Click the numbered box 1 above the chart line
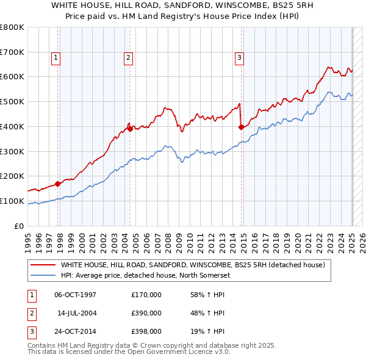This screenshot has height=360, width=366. point(56,58)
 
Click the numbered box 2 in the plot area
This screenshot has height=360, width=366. point(129,58)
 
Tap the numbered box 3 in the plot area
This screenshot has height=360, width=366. point(239,58)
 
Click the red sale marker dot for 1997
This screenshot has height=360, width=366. point(58,183)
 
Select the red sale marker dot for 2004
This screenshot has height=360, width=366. point(130,128)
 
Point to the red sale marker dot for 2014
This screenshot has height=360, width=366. point(242,127)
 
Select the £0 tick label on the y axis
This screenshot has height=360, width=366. point(20,226)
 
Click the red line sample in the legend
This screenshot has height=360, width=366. point(43,265)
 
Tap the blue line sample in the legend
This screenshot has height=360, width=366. point(43,275)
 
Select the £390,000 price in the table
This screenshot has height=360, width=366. point(146,313)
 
